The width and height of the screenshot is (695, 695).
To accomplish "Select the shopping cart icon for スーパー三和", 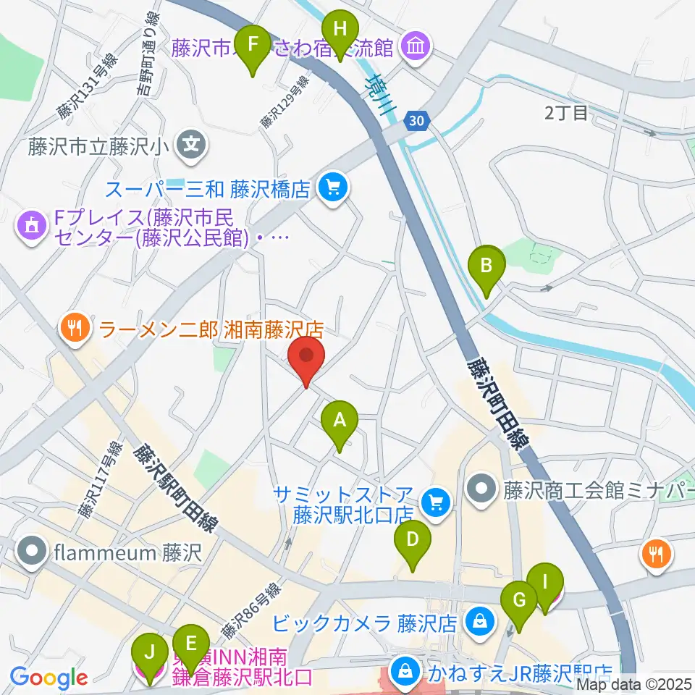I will pyautogui.click(x=332, y=189).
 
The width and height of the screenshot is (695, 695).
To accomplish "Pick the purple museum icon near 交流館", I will pyautogui.click(x=416, y=48).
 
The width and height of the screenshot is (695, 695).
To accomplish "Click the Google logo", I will pyautogui.click(x=49, y=678).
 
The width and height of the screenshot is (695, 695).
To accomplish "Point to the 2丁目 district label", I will pyautogui.click(x=568, y=112).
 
